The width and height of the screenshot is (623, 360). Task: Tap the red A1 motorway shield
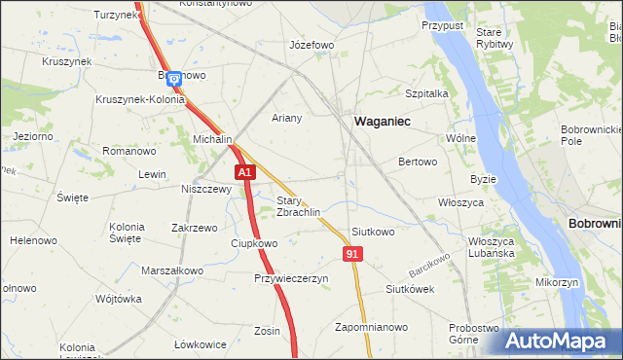(245, 172)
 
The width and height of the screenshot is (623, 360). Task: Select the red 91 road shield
(353, 253)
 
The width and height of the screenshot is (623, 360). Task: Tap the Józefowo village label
(311, 45)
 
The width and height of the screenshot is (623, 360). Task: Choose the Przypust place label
(442, 25)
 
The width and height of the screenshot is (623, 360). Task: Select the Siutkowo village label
(373, 232)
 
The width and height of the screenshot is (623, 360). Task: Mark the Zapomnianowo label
(371, 326)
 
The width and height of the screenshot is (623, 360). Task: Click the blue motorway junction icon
(173, 80)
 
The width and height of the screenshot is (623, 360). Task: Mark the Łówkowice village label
(201, 344)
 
